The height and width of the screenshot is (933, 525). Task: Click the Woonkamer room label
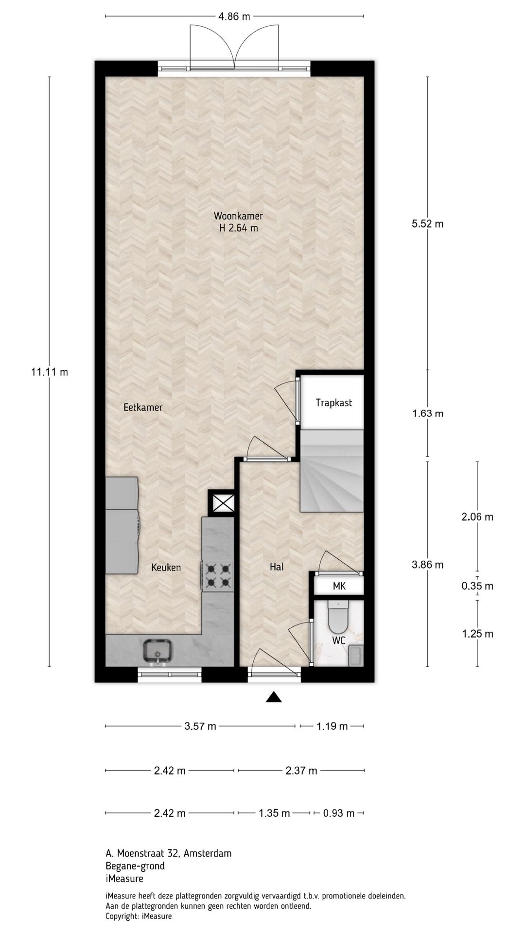(x=238, y=216)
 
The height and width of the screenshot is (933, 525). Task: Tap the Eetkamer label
(x=143, y=407)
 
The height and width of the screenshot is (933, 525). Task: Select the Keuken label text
(x=166, y=567)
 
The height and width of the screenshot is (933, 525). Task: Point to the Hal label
(x=277, y=567)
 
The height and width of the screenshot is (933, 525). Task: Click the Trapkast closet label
(x=333, y=402)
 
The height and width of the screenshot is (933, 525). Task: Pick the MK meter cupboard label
(x=339, y=586)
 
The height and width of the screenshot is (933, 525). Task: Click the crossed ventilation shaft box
(x=222, y=503)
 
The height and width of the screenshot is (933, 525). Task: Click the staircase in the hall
(x=332, y=471)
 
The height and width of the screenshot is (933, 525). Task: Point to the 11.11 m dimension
(x=50, y=372)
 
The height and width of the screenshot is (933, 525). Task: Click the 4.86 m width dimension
(x=234, y=17)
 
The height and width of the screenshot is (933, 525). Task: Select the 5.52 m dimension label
(x=428, y=224)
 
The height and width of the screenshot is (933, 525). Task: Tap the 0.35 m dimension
(x=477, y=586)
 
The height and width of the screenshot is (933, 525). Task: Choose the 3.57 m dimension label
(x=200, y=726)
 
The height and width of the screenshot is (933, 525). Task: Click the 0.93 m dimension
(x=339, y=813)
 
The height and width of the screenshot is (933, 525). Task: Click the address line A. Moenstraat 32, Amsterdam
(x=168, y=853)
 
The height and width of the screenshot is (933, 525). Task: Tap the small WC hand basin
(x=356, y=655)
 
